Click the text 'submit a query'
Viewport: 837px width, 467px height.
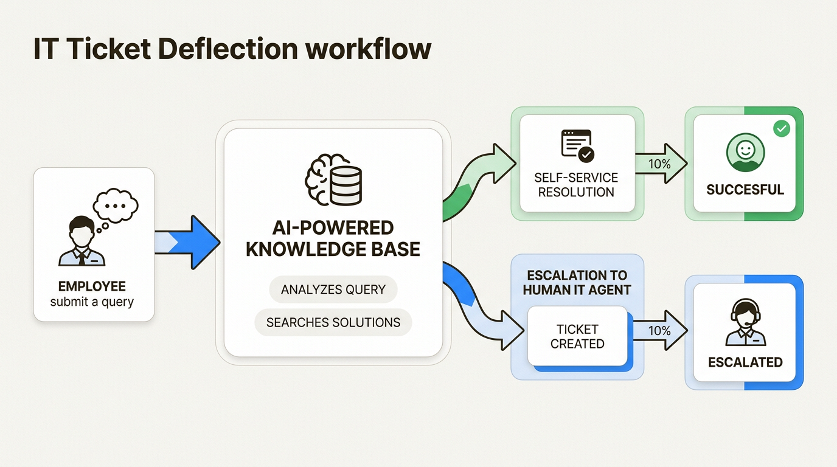tap(92, 302)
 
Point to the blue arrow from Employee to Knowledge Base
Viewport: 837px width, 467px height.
tap(189, 242)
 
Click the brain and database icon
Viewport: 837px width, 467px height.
tap(333, 179)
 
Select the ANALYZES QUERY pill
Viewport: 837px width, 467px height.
tap(333, 289)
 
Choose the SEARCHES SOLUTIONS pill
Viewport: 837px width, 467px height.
tap(333, 322)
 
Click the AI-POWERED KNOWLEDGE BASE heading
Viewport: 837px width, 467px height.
tap(333, 238)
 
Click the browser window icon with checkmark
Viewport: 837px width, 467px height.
tap(577, 145)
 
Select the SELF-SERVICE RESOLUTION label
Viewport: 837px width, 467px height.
tap(576, 185)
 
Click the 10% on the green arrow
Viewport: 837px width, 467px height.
tap(660, 164)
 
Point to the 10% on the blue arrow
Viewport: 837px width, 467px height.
tap(660, 331)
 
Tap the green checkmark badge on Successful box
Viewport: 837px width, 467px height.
tap(781, 128)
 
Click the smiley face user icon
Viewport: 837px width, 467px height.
tap(745, 153)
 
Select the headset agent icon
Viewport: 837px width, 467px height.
tap(745, 322)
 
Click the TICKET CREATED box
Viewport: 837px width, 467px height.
tap(577, 336)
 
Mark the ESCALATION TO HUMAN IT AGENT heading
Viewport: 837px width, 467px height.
tap(577, 282)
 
